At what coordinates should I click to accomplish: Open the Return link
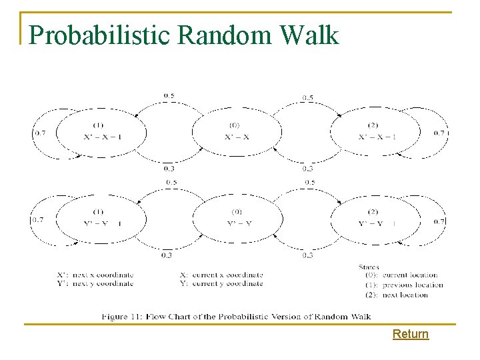[410, 334]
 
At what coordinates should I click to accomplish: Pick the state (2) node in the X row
[374, 131]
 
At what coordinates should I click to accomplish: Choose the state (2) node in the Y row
[374, 218]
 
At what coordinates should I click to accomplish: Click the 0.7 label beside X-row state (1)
[39, 133]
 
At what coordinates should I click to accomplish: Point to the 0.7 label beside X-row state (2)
[439, 133]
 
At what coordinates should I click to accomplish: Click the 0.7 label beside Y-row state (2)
[439, 221]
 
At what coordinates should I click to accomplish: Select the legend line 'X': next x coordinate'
[95, 275]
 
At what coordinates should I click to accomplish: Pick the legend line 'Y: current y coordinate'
[221, 283]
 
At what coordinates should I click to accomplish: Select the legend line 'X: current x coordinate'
[221, 275]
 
